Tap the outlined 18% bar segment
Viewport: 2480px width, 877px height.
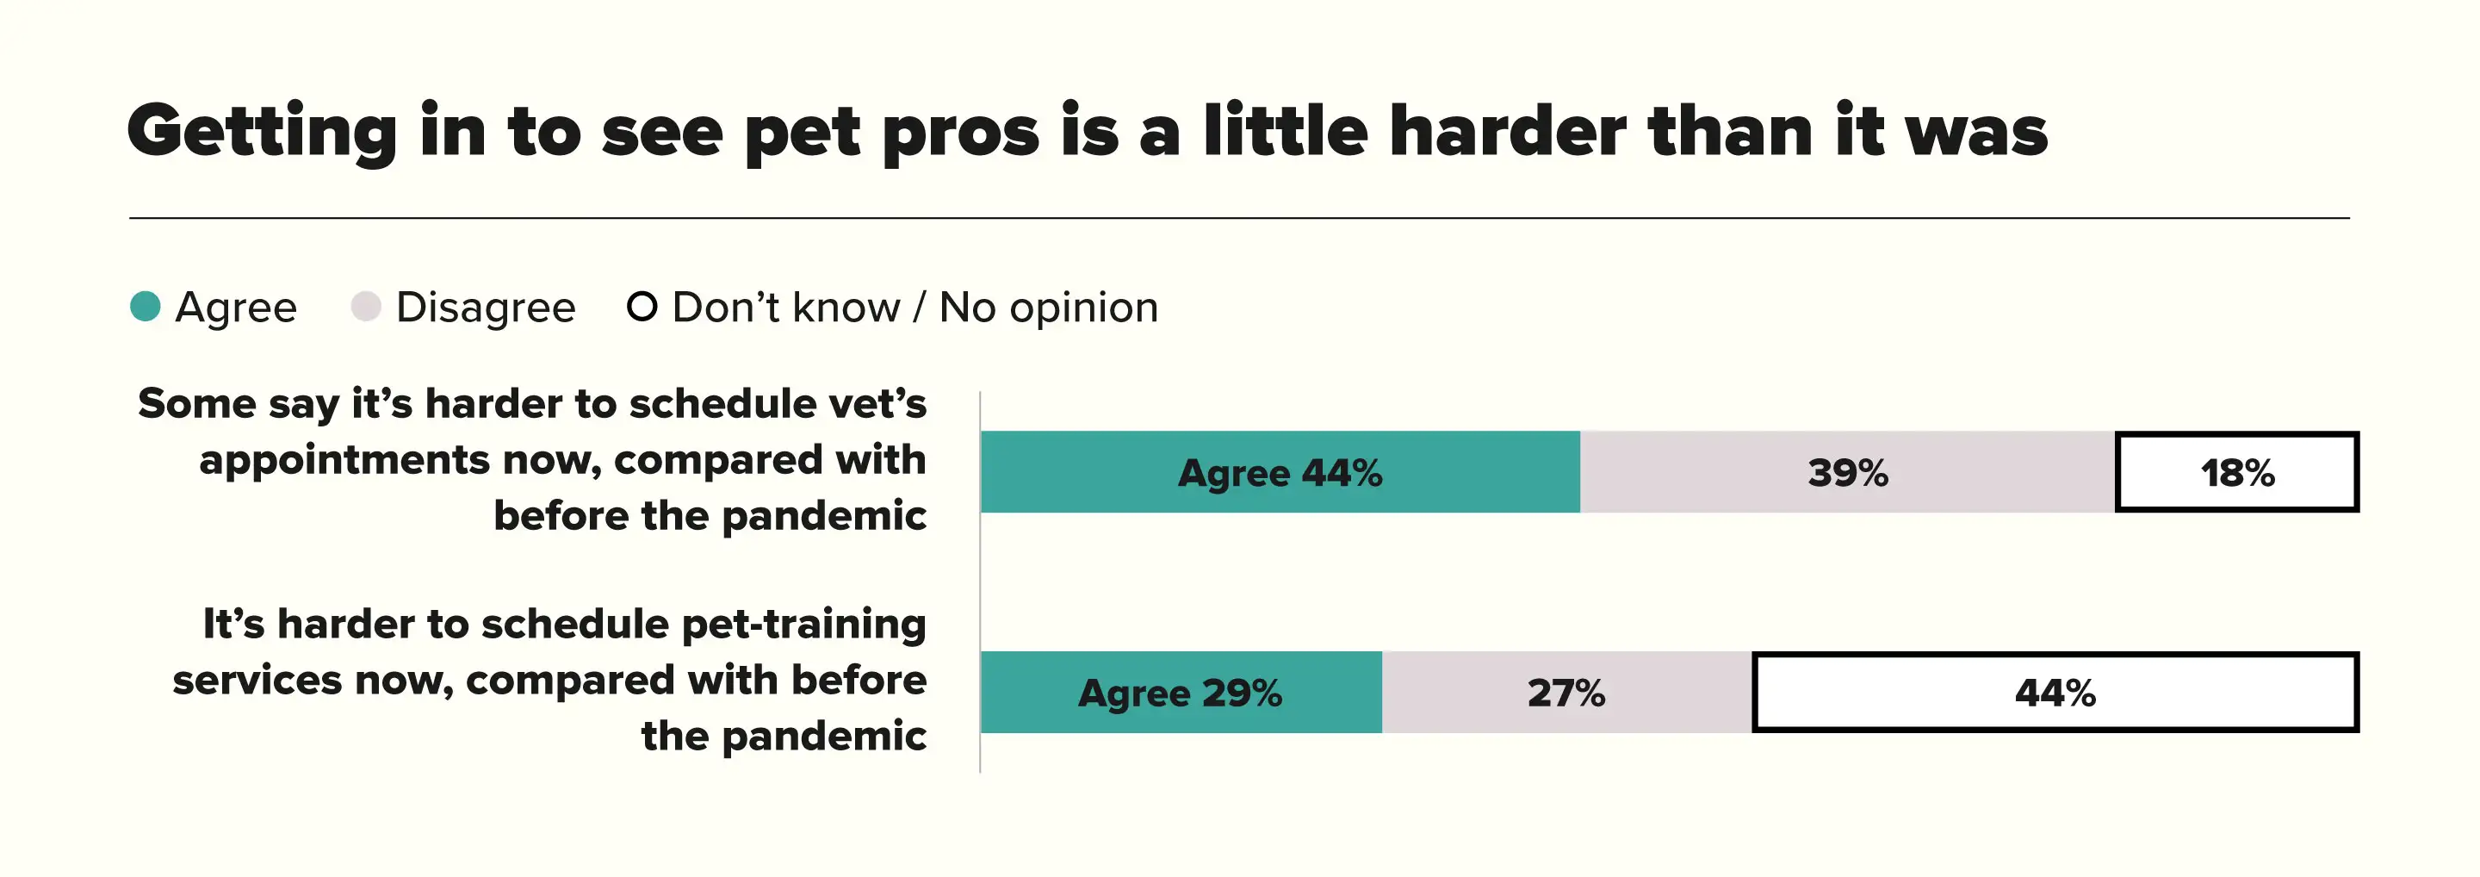[2236, 472]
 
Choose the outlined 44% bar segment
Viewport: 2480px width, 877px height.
[2055, 692]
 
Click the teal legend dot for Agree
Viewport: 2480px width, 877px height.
[146, 306]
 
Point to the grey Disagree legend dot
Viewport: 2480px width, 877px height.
[366, 306]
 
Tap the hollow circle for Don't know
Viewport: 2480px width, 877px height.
[642, 306]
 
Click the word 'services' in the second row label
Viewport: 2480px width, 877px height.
[256, 680]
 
